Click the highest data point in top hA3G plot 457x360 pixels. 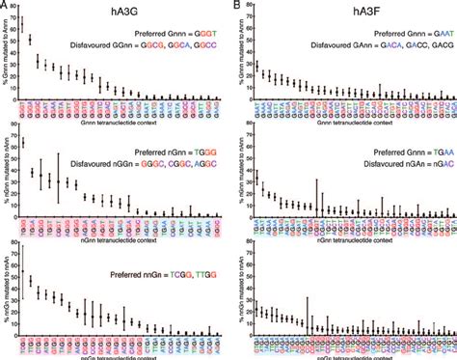[x=22, y=21]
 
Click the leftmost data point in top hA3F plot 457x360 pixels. [x=255, y=66]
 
